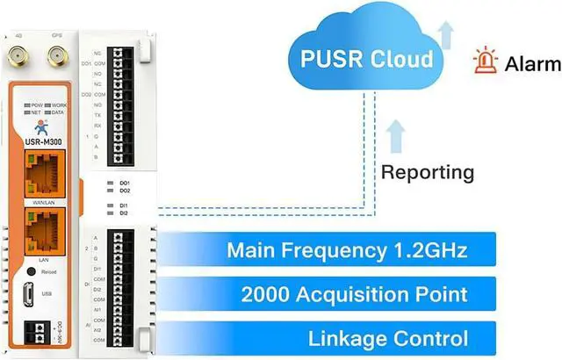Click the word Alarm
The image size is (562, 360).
[x=531, y=64]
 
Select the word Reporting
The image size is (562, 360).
[x=427, y=172]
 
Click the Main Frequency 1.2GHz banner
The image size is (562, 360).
[x=346, y=250]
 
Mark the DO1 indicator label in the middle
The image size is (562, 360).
[x=125, y=182]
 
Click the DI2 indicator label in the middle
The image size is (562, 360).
[x=125, y=213]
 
